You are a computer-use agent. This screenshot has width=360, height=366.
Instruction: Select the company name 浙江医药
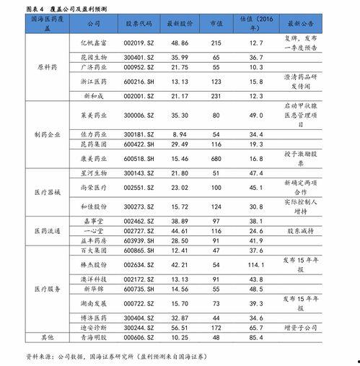point(95,82)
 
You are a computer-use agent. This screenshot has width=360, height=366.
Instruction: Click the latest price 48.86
point(180,43)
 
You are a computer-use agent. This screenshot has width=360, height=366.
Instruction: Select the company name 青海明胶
point(95,337)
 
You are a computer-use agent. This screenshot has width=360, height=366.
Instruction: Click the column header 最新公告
point(300,24)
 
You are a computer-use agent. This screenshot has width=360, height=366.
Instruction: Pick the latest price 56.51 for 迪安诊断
point(180,327)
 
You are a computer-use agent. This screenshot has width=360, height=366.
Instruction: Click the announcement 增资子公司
point(300,327)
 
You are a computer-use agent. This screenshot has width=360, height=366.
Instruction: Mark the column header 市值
point(216,24)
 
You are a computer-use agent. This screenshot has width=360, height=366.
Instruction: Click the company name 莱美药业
point(95,115)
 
